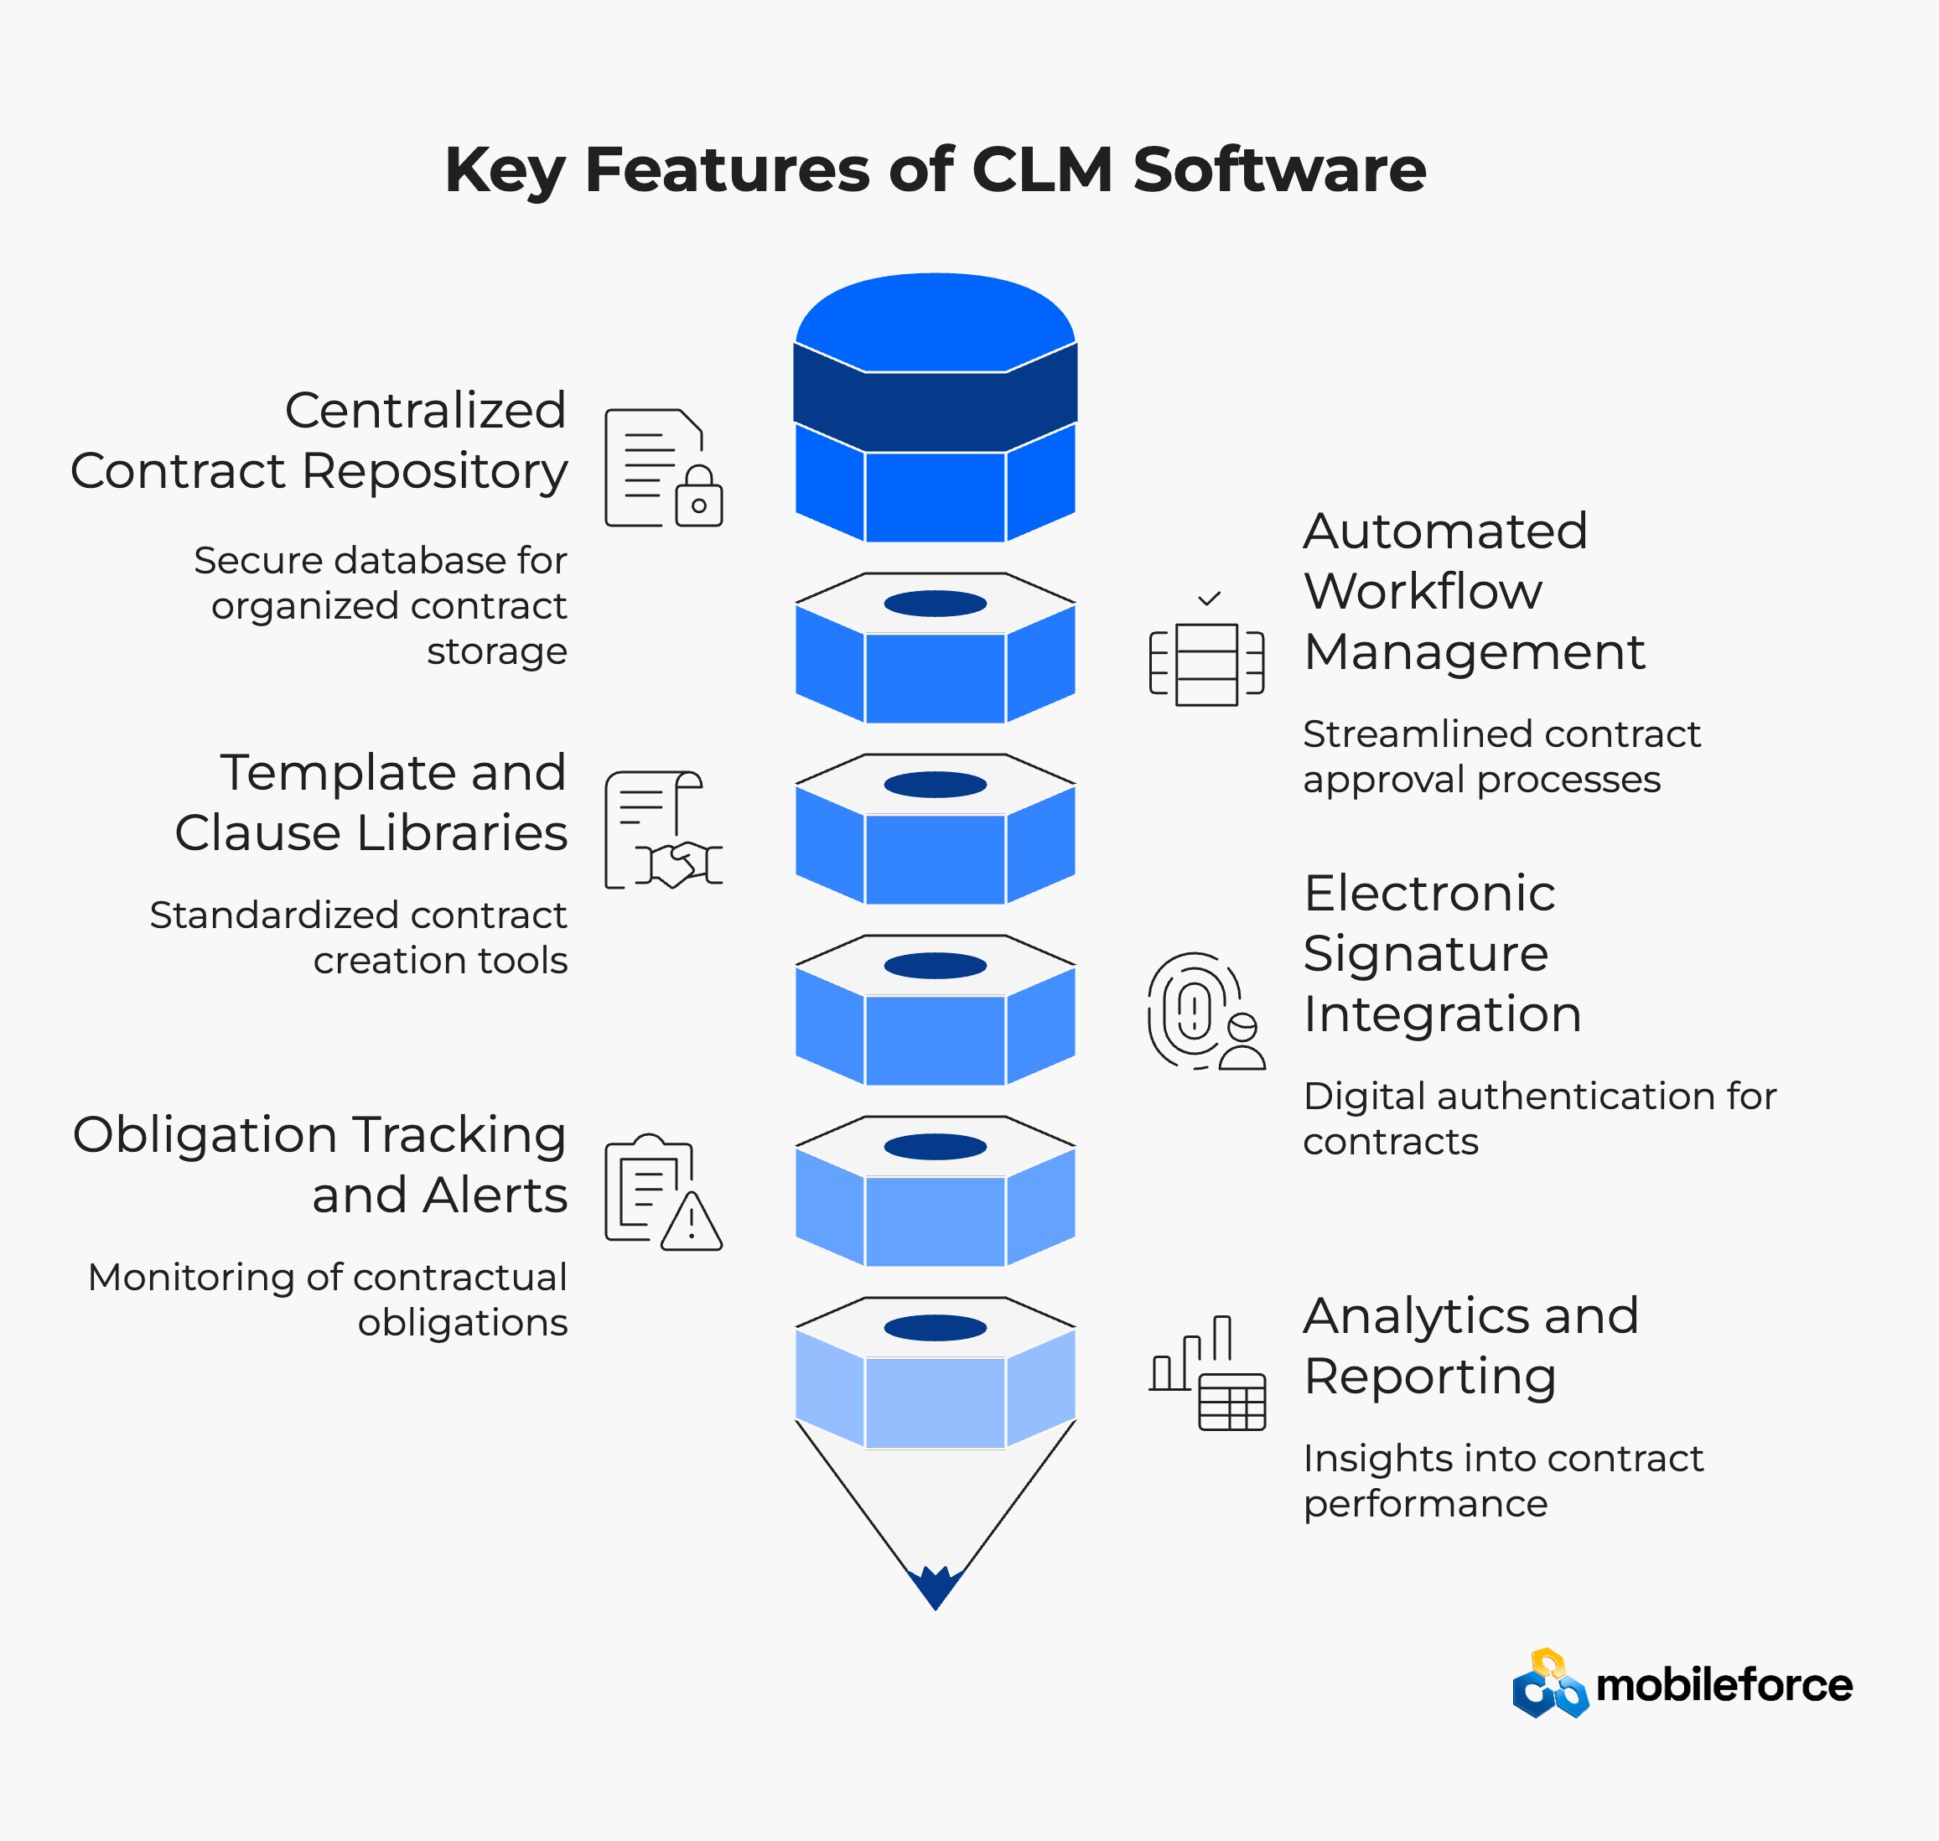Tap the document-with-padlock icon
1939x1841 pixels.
[663, 468]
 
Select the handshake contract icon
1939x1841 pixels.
[663, 830]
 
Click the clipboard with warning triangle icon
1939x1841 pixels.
[663, 1192]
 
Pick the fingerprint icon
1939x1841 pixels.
[1206, 1011]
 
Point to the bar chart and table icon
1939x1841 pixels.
[1207, 1373]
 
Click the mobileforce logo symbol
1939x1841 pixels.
[1549, 1684]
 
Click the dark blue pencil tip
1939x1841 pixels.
[936, 1584]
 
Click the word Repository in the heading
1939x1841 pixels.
[435, 472]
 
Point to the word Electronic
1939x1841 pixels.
[1428, 893]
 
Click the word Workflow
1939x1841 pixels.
[1423, 592]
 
